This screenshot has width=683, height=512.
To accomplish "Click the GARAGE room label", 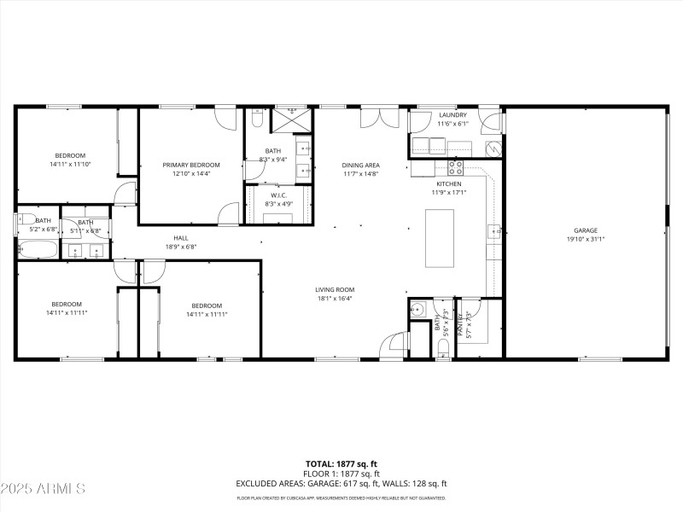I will point(585,230).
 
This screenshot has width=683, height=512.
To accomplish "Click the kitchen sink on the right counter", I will point(493,230).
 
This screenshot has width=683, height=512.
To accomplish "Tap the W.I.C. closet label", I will point(277,195).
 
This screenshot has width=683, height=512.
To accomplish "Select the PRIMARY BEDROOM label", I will point(191,165).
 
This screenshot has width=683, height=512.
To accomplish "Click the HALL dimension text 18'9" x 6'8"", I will point(181,247).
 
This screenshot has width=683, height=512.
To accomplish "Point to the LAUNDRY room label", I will point(452,115).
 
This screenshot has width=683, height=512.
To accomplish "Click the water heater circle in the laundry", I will point(493,148).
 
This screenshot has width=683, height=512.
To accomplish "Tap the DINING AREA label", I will point(360,165).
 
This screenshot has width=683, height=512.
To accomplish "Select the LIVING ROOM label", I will point(335,290).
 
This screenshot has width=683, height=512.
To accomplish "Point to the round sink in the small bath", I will point(418,309).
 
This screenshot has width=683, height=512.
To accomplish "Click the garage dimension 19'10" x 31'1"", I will point(585,239).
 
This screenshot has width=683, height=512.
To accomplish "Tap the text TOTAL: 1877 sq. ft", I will point(341,464).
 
